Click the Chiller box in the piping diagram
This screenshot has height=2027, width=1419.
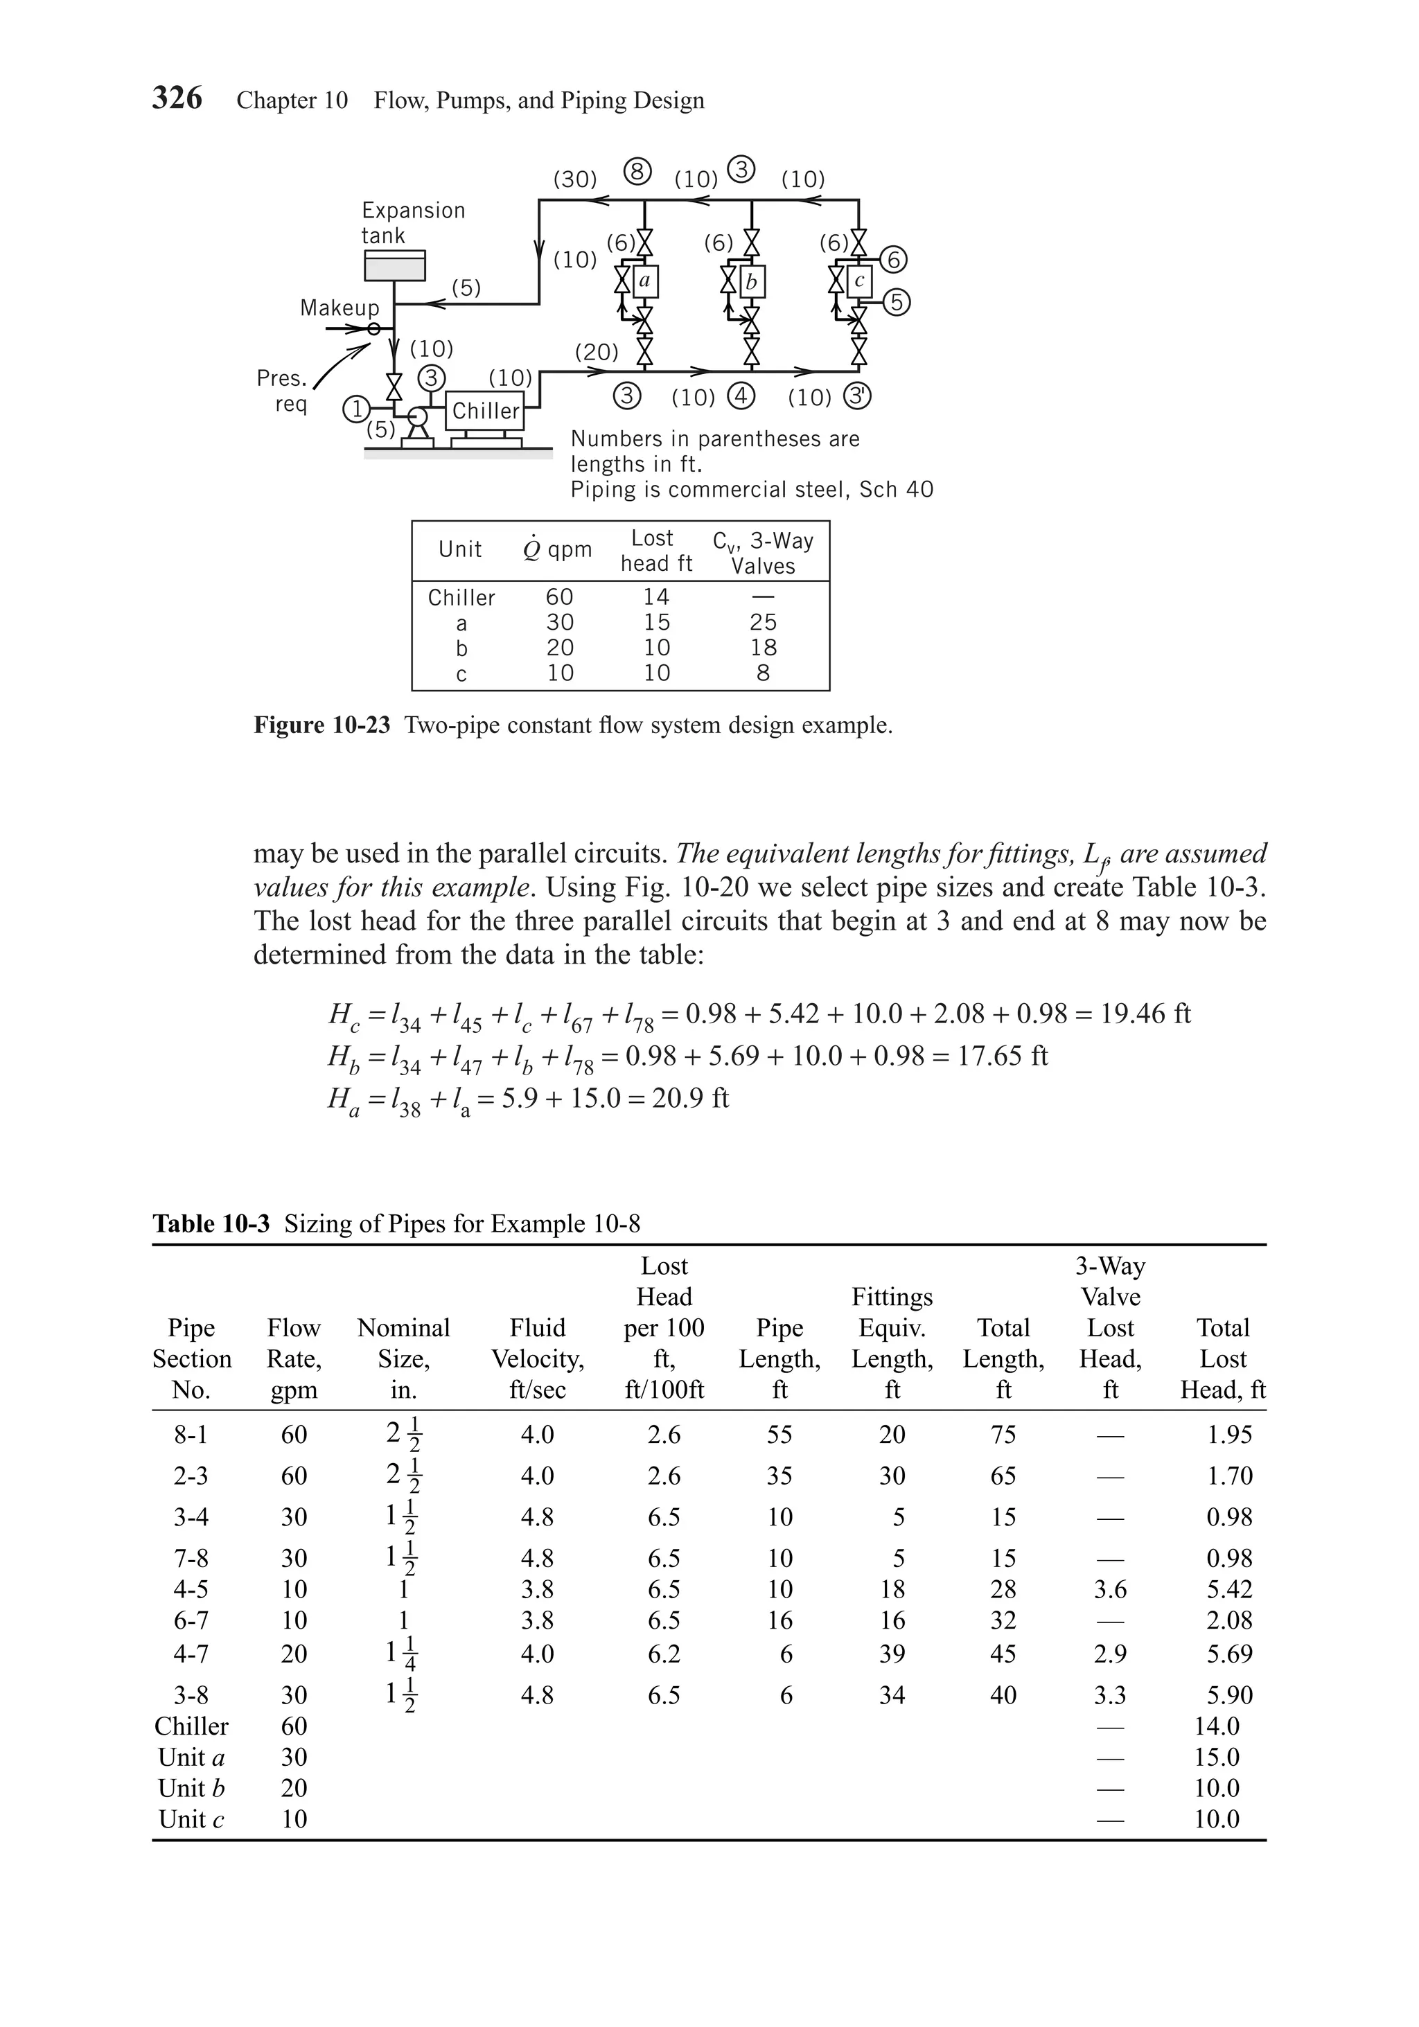(x=485, y=411)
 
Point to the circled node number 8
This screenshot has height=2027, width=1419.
(x=637, y=171)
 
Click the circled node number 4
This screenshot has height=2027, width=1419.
(x=741, y=396)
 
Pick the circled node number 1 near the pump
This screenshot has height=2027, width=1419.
(x=356, y=409)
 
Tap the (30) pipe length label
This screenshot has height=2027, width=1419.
(x=575, y=179)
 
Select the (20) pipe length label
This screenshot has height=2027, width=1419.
(x=597, y=352)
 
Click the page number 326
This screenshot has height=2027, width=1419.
(x=177, y=97)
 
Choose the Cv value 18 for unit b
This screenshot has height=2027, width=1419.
(x=763, y=647)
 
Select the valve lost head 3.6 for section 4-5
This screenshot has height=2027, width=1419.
(x=1110, y=1589)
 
